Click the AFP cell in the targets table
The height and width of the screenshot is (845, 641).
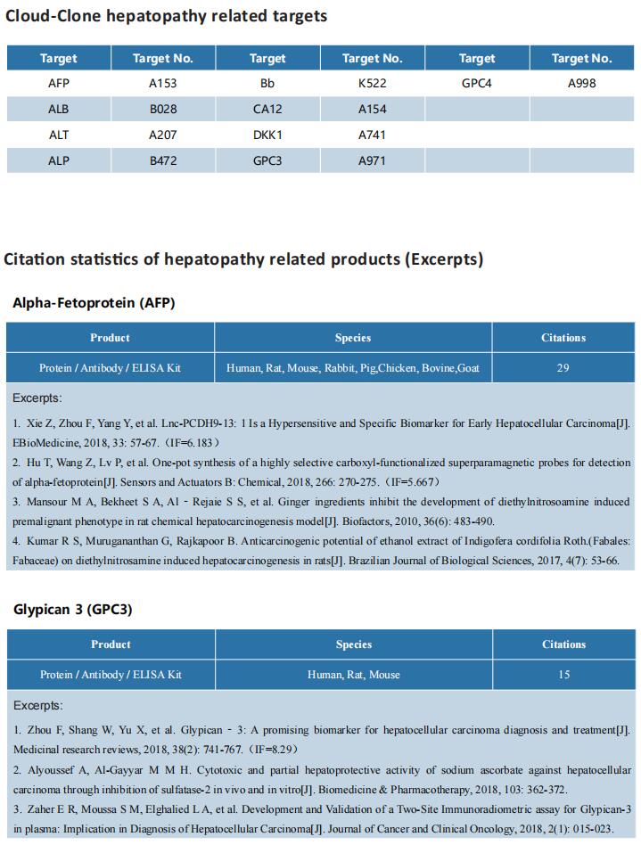click(58, 84)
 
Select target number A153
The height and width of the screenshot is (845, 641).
click(162, 84)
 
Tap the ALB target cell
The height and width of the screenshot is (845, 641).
click(58, 110)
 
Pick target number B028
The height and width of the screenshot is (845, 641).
click(162, 110)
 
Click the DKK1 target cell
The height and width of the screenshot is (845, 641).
click(267, 135)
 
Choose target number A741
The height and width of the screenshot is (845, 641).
click(373, 135)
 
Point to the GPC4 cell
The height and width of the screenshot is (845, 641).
click(476, 84)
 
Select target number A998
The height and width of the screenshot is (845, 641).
click(581, 84)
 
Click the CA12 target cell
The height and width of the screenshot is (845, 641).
click(267, 110)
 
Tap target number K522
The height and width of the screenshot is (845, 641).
click(373, 84)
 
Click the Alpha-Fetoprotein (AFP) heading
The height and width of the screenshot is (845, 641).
click(94, 303)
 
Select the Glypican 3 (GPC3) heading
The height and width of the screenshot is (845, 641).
click(73, 610)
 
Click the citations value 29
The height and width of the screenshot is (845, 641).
click(563, 367)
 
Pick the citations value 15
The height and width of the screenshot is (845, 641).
click(563, 675)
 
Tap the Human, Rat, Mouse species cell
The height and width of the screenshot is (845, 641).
click(353, 675)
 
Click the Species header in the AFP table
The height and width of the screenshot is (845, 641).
click(353, 338)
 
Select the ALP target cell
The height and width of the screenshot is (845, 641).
click(58, 160)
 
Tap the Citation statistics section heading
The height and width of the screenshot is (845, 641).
click(243, 259)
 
